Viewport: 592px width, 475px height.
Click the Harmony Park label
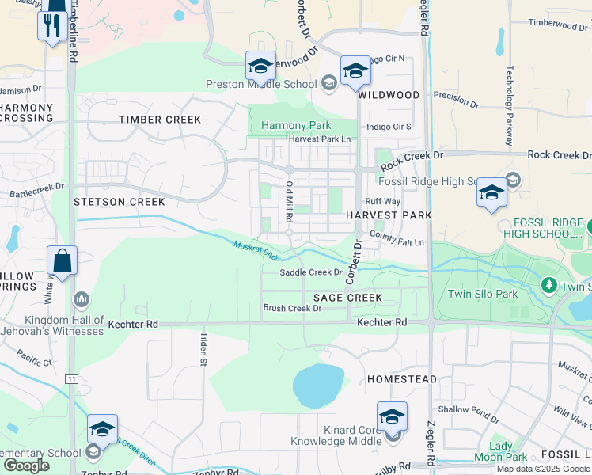(x=296, y=125)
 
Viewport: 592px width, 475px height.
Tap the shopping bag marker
(x=62, y=260)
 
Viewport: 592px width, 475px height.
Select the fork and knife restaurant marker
(x=52, y=25)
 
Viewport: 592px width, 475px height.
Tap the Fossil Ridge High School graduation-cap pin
(x=491, y=192)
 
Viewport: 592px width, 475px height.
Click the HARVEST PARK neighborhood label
(x=389, y=215)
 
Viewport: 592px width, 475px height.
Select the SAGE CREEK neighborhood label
(x=347, y=298)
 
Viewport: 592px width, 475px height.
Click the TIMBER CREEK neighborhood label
(x=160, y=120)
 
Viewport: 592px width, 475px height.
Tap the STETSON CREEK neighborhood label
(x=119, y=202)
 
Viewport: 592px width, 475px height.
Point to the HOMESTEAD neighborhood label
(x=402, y=380)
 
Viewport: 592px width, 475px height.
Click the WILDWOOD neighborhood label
(x=388, y=95)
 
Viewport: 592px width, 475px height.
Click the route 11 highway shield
(x=72, y=380)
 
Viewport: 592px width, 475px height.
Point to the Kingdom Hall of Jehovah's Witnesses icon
(x=81, y=299)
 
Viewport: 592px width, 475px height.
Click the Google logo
(x=27, y=465)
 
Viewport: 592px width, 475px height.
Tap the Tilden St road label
(x=201, y=349)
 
